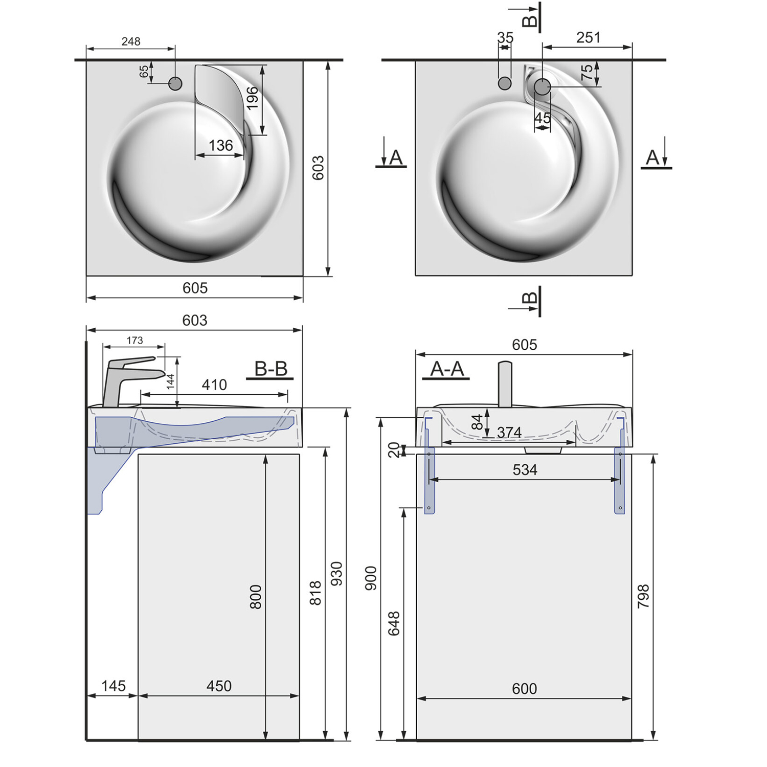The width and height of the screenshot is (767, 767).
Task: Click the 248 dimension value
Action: [131, 41]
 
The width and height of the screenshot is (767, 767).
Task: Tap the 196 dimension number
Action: [252, 98]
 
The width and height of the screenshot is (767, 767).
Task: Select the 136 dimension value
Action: [220, 146]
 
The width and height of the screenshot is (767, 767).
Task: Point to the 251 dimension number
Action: [588, 37]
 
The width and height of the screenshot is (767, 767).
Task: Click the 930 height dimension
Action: [336, 573]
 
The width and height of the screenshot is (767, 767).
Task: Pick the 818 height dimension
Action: [315, 593]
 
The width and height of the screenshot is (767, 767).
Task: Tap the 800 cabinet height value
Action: [255, 597]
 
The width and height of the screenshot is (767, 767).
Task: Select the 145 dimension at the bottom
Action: [113, 686]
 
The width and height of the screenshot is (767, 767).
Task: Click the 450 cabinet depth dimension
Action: [219, 686]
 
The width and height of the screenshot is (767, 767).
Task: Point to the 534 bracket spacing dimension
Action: [525, 469]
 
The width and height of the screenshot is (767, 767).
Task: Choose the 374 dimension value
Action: [509, 433]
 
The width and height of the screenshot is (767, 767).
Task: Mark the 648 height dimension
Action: [394, 623]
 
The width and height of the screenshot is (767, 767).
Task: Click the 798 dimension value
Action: [643, 596]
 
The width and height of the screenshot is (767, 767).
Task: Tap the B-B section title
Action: [270, 369]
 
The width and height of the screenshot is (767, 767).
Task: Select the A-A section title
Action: [447, 369]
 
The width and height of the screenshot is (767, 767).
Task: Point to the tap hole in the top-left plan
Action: [175, 83]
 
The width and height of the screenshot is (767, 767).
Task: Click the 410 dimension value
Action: [214, 385]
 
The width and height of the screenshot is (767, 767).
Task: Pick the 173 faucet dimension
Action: [134, 341]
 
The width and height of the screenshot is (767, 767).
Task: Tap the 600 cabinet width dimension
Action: [524, 688]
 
